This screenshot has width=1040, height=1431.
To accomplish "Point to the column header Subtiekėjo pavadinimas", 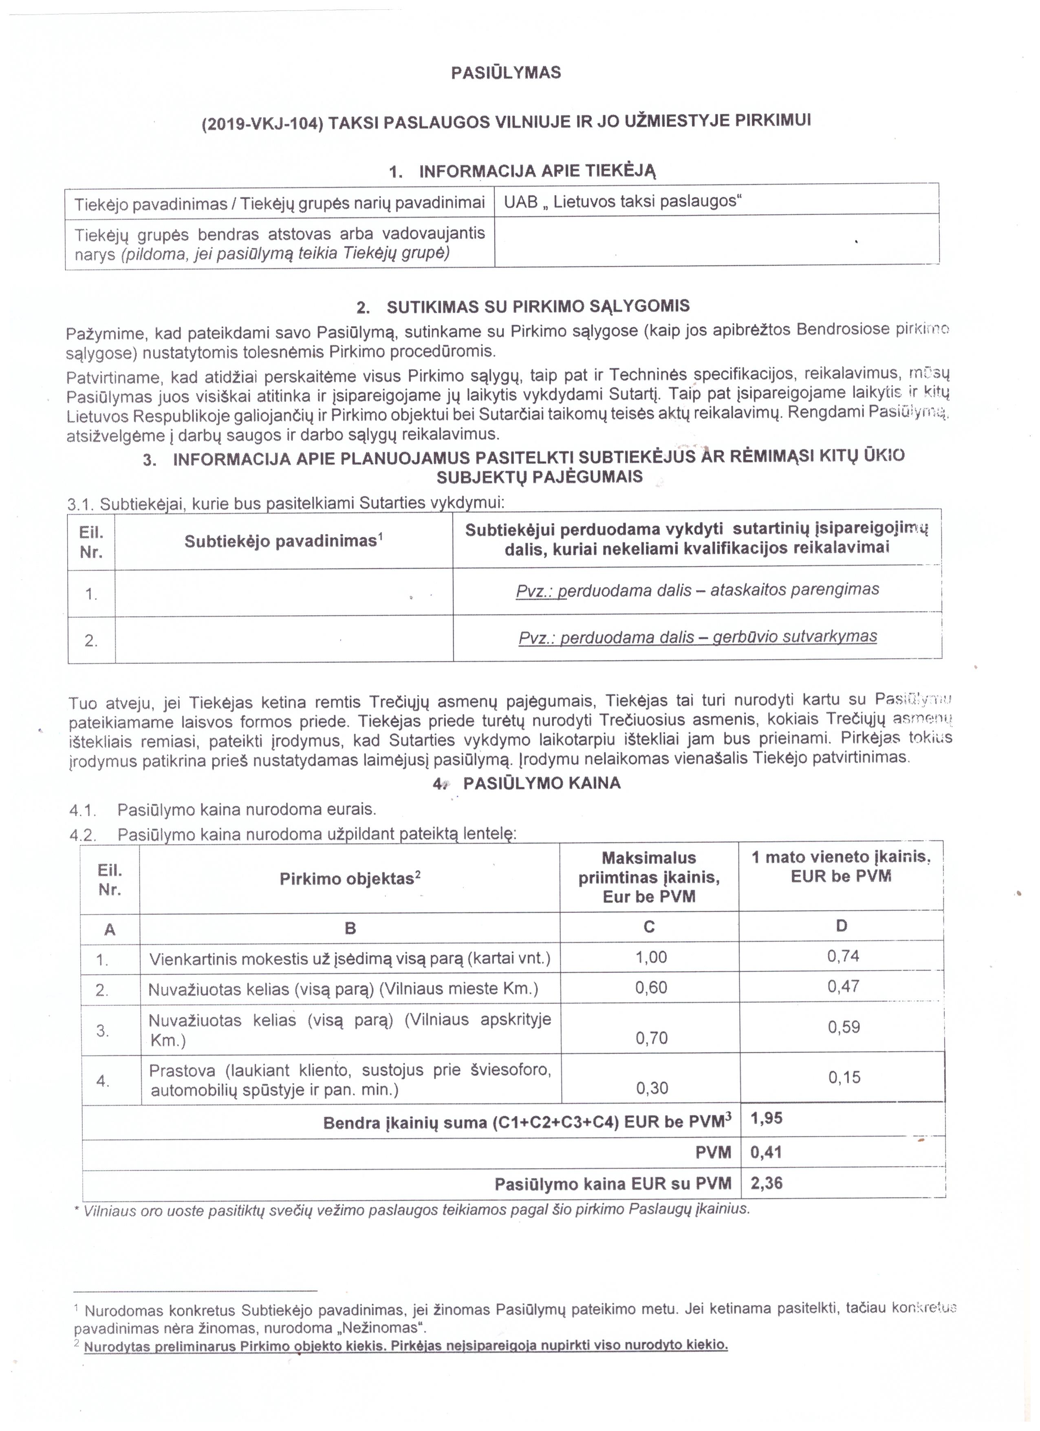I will pos(283,541).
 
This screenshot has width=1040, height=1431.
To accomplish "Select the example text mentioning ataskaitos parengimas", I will pos(697,590).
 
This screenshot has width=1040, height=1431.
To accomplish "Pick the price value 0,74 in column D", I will pos(843,956).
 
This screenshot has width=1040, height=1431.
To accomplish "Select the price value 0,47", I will pos(843,987).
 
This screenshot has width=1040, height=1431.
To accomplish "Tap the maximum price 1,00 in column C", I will pos(651,958).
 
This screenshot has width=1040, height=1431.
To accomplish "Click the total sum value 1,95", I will pos(766,1119).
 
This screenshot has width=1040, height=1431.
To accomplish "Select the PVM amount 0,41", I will pos(766,1153).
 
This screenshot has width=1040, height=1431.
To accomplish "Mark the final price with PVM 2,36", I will pos(766,1183).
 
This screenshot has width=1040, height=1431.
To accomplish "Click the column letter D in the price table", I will pos(842,926).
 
